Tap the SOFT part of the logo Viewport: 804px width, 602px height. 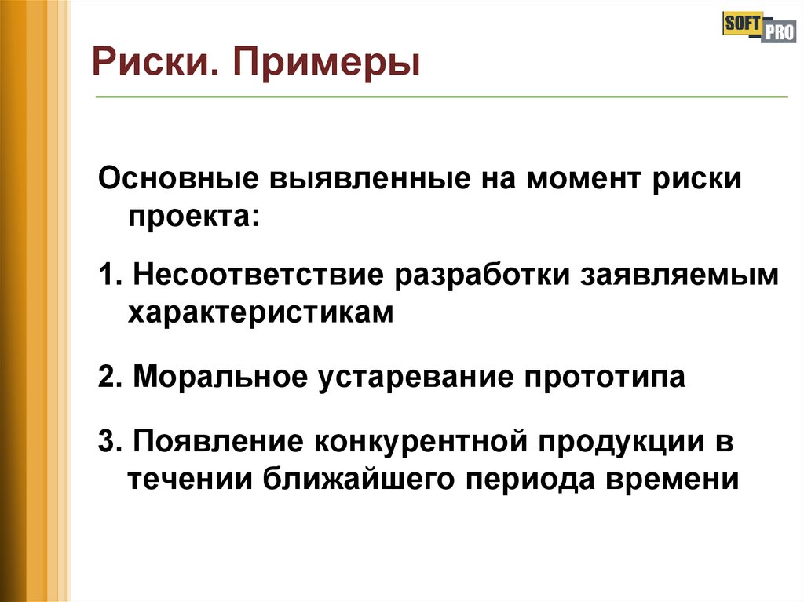[x=739, y=24]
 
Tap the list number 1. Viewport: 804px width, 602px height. [x=108, y=277]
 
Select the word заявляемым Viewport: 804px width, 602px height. [x=680, y=277]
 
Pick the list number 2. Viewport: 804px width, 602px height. [x=108, y=377]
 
